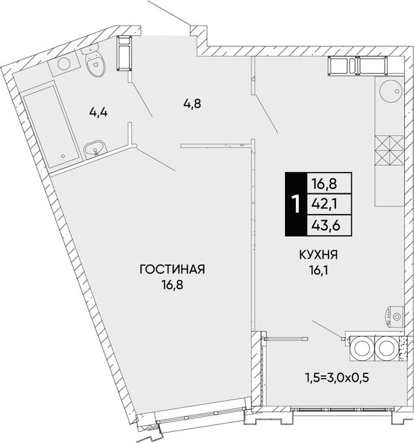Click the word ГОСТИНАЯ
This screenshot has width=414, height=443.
(172, 269)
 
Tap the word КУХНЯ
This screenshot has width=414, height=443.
(319, 255)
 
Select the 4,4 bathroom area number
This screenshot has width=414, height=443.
(99, 112)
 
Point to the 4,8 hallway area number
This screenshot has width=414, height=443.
(192, 104)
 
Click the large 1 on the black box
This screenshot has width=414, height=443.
(296, 204)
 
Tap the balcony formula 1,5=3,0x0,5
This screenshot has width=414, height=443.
(337, 377)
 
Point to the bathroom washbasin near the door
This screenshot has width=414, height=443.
(95, 149)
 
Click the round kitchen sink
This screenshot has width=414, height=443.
(391, 90)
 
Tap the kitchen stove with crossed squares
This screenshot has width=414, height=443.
(389, 150)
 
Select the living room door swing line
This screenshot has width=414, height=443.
(156, 159)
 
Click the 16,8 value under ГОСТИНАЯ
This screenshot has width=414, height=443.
(172, 285)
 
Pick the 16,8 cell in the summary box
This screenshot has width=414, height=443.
(324, 184)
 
